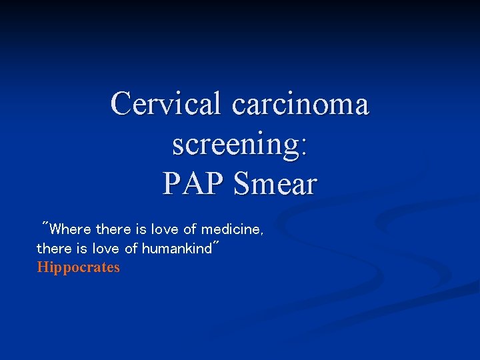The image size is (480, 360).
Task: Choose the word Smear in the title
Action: coord(275,183)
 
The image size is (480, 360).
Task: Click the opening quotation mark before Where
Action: coord(45,225)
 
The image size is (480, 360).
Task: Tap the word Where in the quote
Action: coord(70,230)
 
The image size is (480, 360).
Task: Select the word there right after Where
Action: coord(113,230)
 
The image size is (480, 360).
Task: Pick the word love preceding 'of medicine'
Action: coord(165,230)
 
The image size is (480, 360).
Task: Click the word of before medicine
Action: coord(190,230)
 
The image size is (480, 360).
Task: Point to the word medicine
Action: coord(230,230)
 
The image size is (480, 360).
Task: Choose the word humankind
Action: coord(175,249)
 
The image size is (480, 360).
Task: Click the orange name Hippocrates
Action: coord(79,268)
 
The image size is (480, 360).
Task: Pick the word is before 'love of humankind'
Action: coord(80,249)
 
